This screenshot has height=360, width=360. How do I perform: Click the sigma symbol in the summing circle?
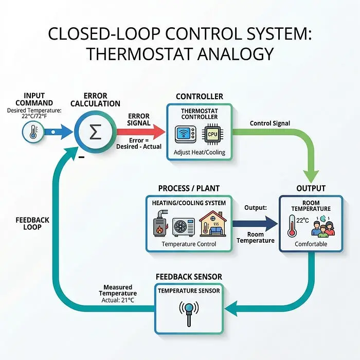click(95, 132)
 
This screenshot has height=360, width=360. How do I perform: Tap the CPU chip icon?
click(212, 134)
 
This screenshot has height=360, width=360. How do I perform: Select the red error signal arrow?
click(141, 132)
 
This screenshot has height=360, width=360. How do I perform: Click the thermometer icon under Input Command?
click(33, 132)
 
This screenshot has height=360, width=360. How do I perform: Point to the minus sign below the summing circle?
click(81, 157)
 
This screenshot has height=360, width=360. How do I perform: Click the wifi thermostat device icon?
click(186, 134)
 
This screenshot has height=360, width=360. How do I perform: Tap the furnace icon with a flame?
click(160, 223)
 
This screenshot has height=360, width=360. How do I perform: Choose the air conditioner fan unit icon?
click(184, 227)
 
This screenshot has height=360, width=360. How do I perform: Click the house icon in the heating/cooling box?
click(213, 224)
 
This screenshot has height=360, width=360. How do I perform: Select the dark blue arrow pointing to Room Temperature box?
click(255, 224)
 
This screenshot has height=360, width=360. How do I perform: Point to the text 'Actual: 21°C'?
click(118, 300)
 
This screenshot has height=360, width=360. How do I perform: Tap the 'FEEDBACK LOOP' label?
click(32, 224)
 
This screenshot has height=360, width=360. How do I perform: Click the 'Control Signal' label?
click(270, 123)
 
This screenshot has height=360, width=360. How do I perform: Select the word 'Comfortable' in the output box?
click(311, 244)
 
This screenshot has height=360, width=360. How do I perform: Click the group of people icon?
click(323, 226)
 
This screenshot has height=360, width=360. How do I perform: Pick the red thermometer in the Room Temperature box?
click(292, 226)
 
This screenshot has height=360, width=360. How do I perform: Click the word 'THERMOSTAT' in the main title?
click(139, 54)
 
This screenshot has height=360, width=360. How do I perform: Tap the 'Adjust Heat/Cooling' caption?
click(200, 152)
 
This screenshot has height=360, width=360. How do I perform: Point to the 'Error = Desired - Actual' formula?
click(139, 143)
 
